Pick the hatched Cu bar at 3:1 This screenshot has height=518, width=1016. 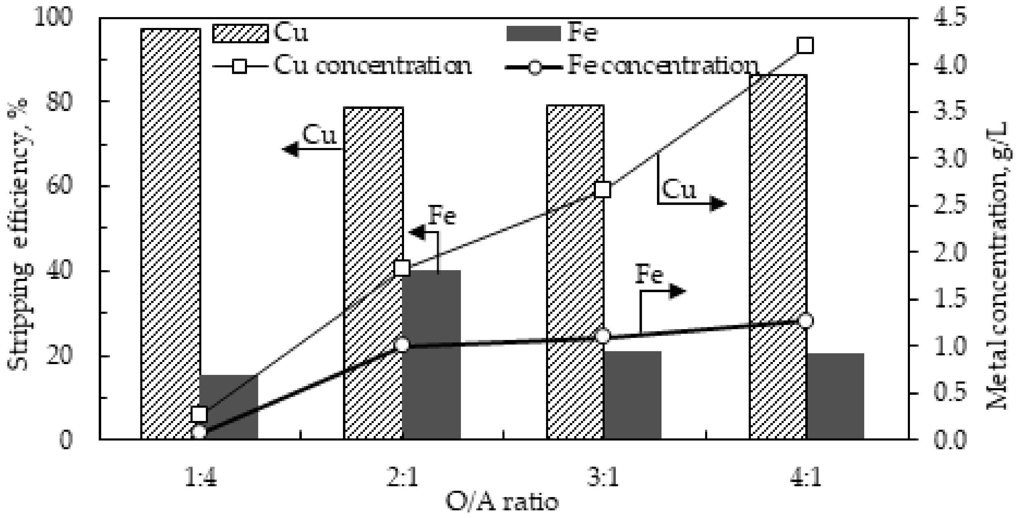click(575, 272)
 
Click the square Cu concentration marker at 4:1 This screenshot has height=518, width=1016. click(805, 46)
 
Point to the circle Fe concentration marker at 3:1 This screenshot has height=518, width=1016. click(603, 336)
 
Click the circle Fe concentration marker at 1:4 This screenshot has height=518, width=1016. click(199, 432)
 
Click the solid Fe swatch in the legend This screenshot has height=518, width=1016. click(533, 34)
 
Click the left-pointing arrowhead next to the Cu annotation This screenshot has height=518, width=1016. click(291, 149)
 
